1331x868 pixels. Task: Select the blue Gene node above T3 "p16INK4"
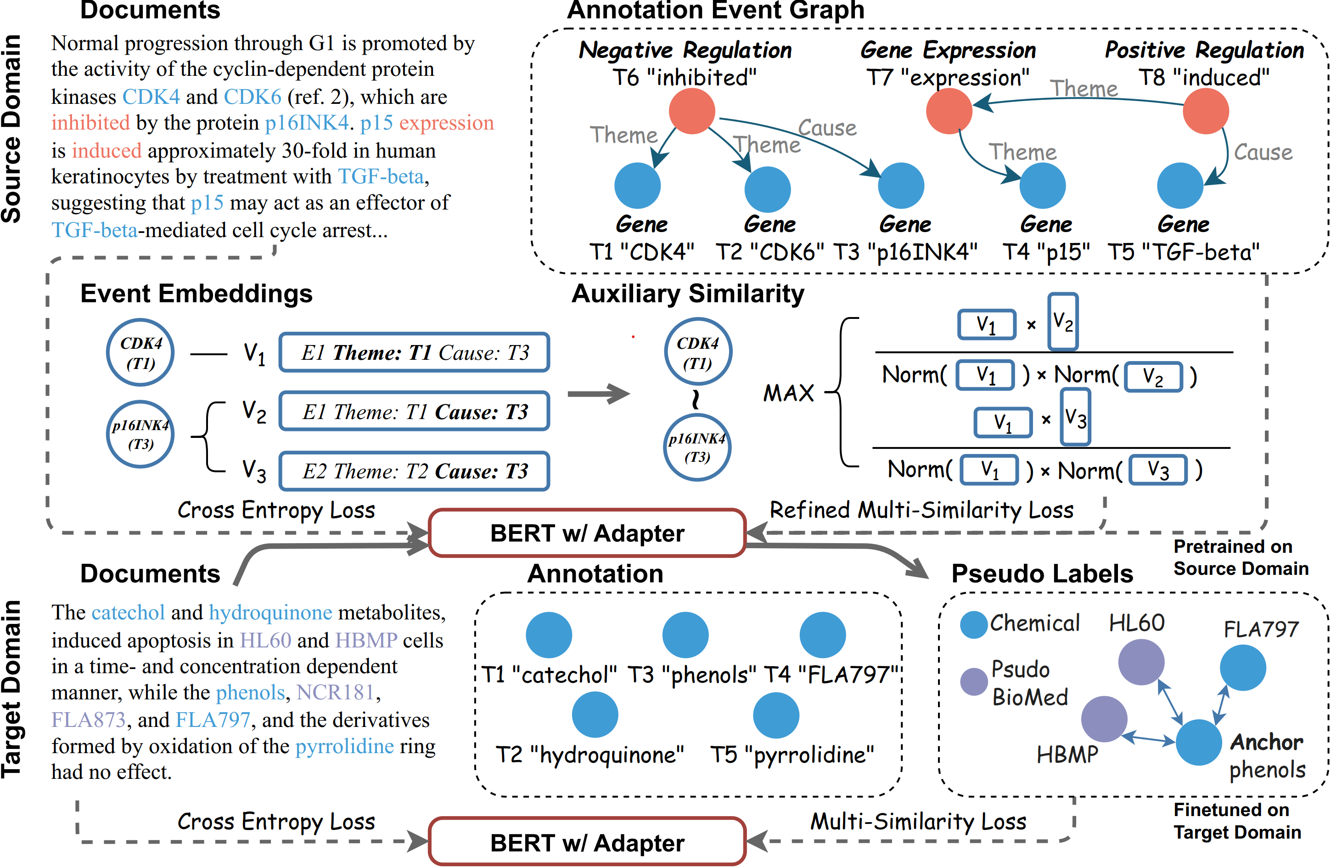901,186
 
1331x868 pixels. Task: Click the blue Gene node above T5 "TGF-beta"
1180,186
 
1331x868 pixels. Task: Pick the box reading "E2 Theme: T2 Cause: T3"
415,471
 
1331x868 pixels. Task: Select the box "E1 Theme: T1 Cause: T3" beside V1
415,352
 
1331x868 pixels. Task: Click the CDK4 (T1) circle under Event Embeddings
140,352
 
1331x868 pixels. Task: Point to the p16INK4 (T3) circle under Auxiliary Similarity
697,447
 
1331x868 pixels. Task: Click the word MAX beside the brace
788,393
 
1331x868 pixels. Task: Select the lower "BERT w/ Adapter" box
587,842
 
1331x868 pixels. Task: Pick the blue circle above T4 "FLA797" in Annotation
823,635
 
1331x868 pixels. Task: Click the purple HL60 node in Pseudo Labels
1141,662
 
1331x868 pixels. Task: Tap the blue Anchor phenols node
1198,742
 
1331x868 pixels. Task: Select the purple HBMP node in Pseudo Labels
1104,719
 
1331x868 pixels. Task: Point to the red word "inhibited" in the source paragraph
90,123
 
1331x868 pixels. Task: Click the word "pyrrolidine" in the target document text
344,746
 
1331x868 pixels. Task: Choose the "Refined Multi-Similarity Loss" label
921,510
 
